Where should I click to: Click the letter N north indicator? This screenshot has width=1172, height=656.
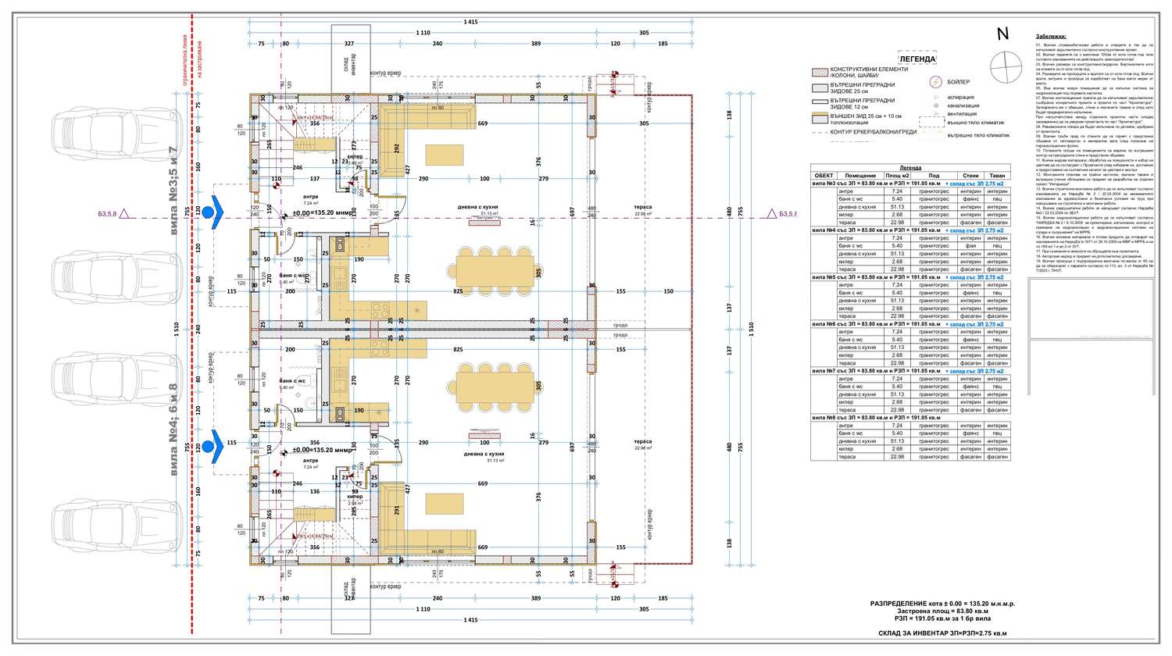(x=1002, y=34)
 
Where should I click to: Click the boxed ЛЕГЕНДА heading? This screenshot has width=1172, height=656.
(x=917, y=59)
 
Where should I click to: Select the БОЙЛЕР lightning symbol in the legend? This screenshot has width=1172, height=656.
(x=934, y=81)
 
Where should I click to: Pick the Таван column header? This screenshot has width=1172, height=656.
(x=996, y=176)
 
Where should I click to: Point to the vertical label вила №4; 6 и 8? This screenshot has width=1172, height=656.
(x=173, y=430)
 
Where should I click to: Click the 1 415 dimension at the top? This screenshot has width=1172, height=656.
(x=470, y=22)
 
